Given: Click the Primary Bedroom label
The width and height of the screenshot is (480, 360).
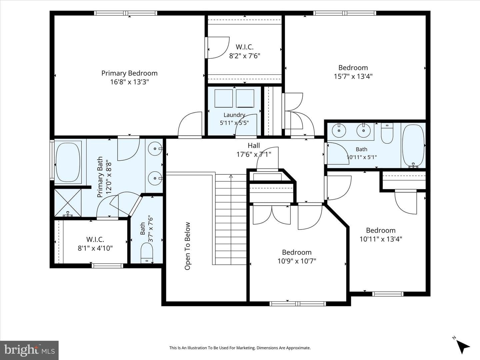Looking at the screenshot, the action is click(x=129, y=73).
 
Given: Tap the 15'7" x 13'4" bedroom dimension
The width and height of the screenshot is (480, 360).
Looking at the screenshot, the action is click(x=353, y=77).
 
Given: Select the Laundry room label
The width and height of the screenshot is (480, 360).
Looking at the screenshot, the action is click(x=234, y=115).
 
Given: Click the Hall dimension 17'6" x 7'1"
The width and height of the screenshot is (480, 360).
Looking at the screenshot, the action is click(x=254, y=155).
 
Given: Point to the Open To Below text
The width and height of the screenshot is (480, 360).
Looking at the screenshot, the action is click(x=187, y=246).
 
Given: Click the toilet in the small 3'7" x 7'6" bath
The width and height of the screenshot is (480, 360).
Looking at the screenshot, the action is click(x=147, y=253).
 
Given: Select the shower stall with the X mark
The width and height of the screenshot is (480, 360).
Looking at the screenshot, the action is click(x=68, y=203).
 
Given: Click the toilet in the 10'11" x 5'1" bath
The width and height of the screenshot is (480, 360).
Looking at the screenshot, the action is click(x=387, y=133).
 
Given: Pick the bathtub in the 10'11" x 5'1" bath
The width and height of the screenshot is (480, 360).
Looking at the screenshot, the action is click(x=413, y=146).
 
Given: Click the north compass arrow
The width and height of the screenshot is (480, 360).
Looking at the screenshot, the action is click(x=463, y=347).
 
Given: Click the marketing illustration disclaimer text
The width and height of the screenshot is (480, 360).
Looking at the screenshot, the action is click(x=240, y=348).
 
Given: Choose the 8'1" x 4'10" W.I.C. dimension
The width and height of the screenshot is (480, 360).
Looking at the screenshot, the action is click(x=95, y=248).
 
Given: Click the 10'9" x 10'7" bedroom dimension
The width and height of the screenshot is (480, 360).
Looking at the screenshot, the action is click(x=297, y=261).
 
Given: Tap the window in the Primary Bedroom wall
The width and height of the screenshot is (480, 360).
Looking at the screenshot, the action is click(x=126, y=13).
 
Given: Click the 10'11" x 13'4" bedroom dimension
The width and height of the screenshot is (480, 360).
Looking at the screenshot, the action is click(x=381, y=239).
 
